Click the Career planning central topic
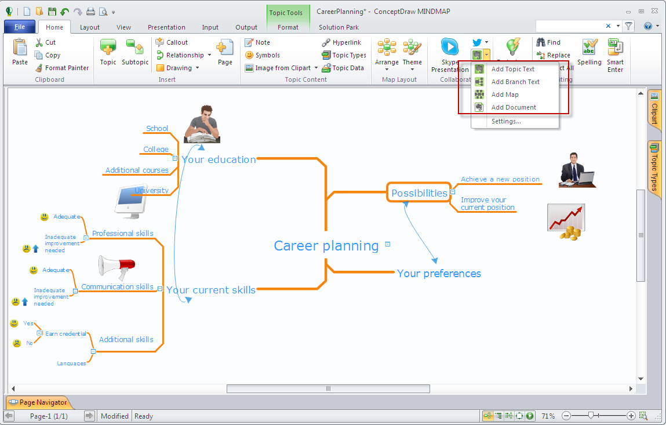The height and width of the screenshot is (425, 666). point(326,246)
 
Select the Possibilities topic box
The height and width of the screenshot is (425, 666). point(419,193)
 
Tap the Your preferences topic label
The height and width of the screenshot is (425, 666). point(439,274)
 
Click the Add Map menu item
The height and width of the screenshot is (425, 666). point(505,95)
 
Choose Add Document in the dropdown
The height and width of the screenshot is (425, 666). point(514,107)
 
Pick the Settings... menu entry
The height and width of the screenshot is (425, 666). point(506,121)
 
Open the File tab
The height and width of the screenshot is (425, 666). point(20,27)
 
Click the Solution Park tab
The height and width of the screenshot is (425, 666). point(339,27)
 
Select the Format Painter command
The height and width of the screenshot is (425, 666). point(62,68)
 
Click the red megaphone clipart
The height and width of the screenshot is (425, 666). point(116,267)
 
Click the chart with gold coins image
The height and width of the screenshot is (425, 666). point(566,221)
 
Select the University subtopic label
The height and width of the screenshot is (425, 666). point(152,190)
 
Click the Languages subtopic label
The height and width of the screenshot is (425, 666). point(71,363)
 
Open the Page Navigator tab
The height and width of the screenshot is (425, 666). point(38,402)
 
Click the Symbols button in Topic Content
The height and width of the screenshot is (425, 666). point(263,55)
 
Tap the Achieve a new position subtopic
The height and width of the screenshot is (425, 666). point(500,179)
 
